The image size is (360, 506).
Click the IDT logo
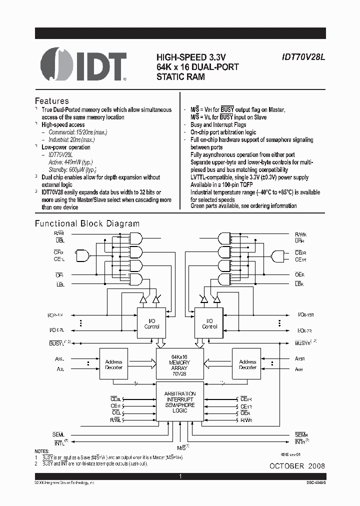click(83, 64)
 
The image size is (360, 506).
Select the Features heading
click(51, 100)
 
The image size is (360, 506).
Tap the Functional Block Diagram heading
click(87, 223)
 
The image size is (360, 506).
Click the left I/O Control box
click(151, 323)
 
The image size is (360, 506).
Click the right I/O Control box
click(209, 323)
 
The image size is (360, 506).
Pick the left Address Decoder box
click(114, 364)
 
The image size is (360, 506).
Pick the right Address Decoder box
click(247, 364)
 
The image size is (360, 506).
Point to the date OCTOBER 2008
click(297, 465)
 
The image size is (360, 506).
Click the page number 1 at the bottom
click(180, 477)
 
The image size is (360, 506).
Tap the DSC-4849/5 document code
click(313, 482)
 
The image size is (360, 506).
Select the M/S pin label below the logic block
click(183, 446)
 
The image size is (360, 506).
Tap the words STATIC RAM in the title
click(180, 77)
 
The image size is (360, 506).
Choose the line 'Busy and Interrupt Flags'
click(218, 124)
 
